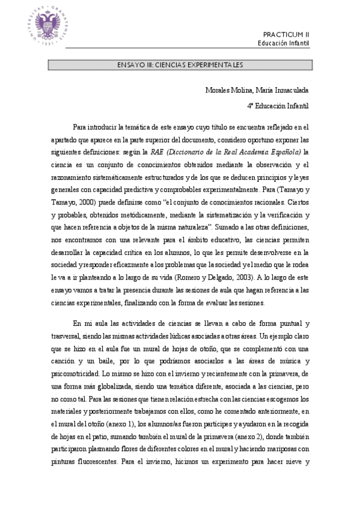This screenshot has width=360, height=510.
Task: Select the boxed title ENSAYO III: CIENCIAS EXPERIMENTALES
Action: coord(180,64)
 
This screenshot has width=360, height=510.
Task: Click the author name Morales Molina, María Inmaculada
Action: coord(257,90)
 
